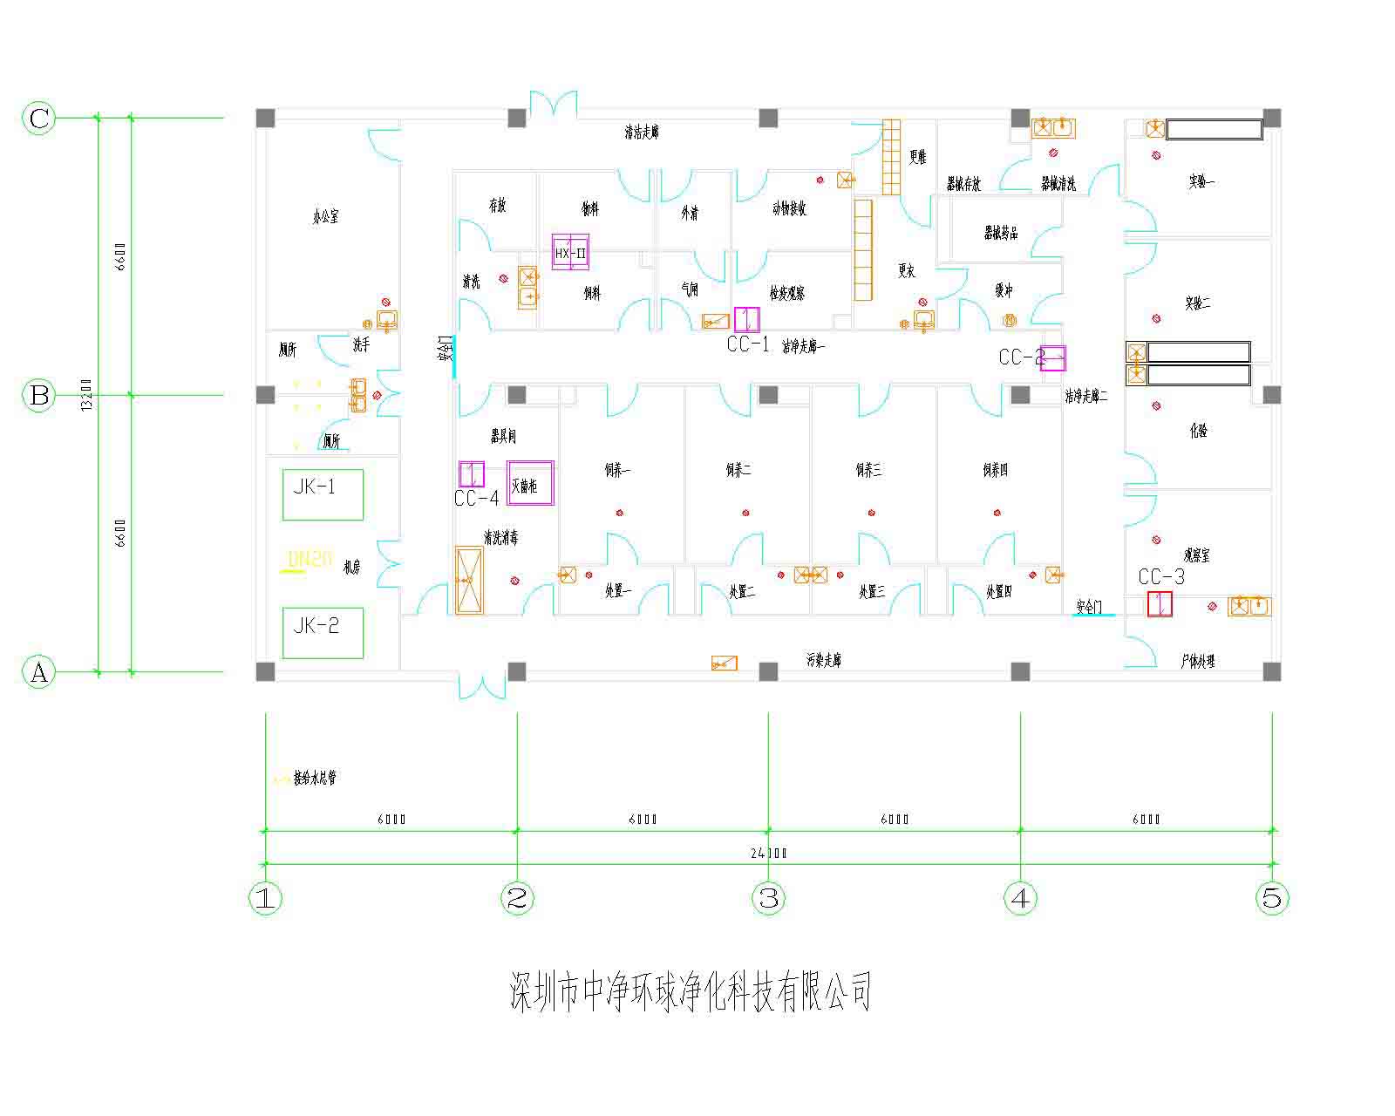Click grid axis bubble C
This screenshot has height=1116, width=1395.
[39, 118]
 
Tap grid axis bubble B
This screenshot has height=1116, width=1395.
[39, 395]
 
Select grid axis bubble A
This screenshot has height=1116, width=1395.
[39, 672]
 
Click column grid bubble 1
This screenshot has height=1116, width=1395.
[266, 897]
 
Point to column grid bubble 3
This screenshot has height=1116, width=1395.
[768, 897]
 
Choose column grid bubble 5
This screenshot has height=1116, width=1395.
[1272, 897]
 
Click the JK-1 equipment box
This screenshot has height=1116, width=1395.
[323, 494]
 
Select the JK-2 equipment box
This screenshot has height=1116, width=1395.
[323, 632]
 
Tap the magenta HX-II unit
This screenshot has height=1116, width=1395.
[571, 253]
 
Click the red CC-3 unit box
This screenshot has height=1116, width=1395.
[1160, 604]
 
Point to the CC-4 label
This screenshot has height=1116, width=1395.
[476, 499]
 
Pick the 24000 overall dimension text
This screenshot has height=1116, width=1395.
[768, 854]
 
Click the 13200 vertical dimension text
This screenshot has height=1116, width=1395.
[85, 395]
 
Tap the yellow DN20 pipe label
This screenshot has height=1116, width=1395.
[310, 559]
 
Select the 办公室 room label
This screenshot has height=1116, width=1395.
[325, 216]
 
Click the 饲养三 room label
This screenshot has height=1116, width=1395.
[868, 470]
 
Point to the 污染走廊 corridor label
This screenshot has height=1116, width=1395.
[823, 661]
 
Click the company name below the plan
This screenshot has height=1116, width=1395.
[691, 992]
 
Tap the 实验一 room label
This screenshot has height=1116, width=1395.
[1201, 182]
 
